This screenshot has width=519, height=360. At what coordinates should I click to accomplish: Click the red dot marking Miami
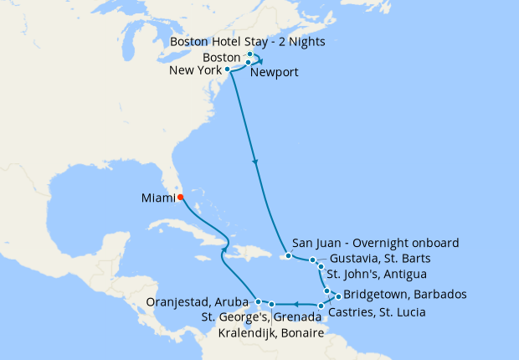(x=181, y=198)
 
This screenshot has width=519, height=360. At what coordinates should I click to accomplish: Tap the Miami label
(x=158, y=198)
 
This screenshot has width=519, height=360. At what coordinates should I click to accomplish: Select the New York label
(x=195, y=70)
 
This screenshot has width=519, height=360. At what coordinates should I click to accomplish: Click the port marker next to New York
(x=228, y=69)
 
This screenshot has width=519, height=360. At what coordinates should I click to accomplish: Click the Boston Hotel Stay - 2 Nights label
(x=247, y=41)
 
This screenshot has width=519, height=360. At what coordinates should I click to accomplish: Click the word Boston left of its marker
(x=222, y=57)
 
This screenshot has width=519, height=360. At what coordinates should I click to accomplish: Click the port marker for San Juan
(x=288, y=255)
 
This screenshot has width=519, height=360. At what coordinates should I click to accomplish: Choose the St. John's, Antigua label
(x=377, y=274)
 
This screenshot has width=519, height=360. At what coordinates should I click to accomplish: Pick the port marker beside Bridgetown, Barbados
(x=337, y=295)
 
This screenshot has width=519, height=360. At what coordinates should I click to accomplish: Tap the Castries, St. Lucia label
(x=377, y=312)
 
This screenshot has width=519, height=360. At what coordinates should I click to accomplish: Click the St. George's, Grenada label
(x=260, y=317)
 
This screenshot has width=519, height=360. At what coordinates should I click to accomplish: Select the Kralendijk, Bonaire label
(x=270, y=333)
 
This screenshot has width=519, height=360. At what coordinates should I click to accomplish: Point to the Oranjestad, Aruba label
(x=197, y=301)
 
